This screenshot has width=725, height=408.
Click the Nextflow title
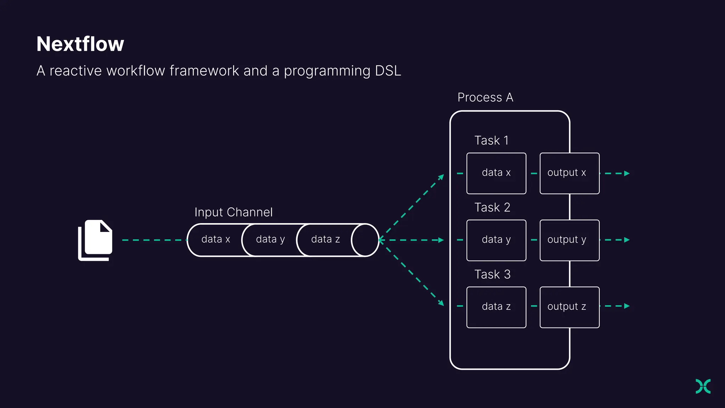point(80,44)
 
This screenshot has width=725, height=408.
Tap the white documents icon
point(95,240)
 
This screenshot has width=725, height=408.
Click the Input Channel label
point(233,212)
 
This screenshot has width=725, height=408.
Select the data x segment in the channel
point(215,240)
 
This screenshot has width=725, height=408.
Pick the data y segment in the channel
point(270,240)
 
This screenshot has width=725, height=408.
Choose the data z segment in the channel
point(325,240)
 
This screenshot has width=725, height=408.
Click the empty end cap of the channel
point(365,240)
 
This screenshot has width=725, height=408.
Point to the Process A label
point(485,97)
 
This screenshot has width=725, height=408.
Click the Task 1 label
point(491,141)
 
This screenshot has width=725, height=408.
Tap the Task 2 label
point(492,208)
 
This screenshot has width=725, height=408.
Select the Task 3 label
point(492,274)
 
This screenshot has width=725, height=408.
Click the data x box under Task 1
point(496,173)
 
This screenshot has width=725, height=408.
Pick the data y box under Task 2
point(496,240)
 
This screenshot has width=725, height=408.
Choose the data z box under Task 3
point(496,307)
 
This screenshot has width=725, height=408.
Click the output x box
point(569,173)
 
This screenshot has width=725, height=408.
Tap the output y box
point(569,240)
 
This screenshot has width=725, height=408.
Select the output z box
point(569,307)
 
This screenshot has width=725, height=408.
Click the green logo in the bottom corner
point(703,386)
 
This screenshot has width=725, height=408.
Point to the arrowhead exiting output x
point(627,174)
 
